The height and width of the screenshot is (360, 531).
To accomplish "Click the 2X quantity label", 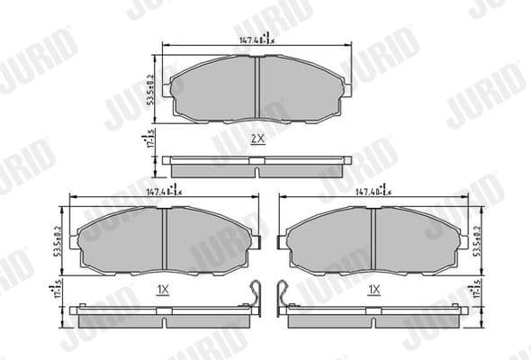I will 257,139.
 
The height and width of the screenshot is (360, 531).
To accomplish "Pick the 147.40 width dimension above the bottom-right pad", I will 373,191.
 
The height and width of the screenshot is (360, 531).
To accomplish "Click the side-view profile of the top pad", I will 257,167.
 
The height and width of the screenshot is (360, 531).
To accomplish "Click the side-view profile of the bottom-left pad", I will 162,316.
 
